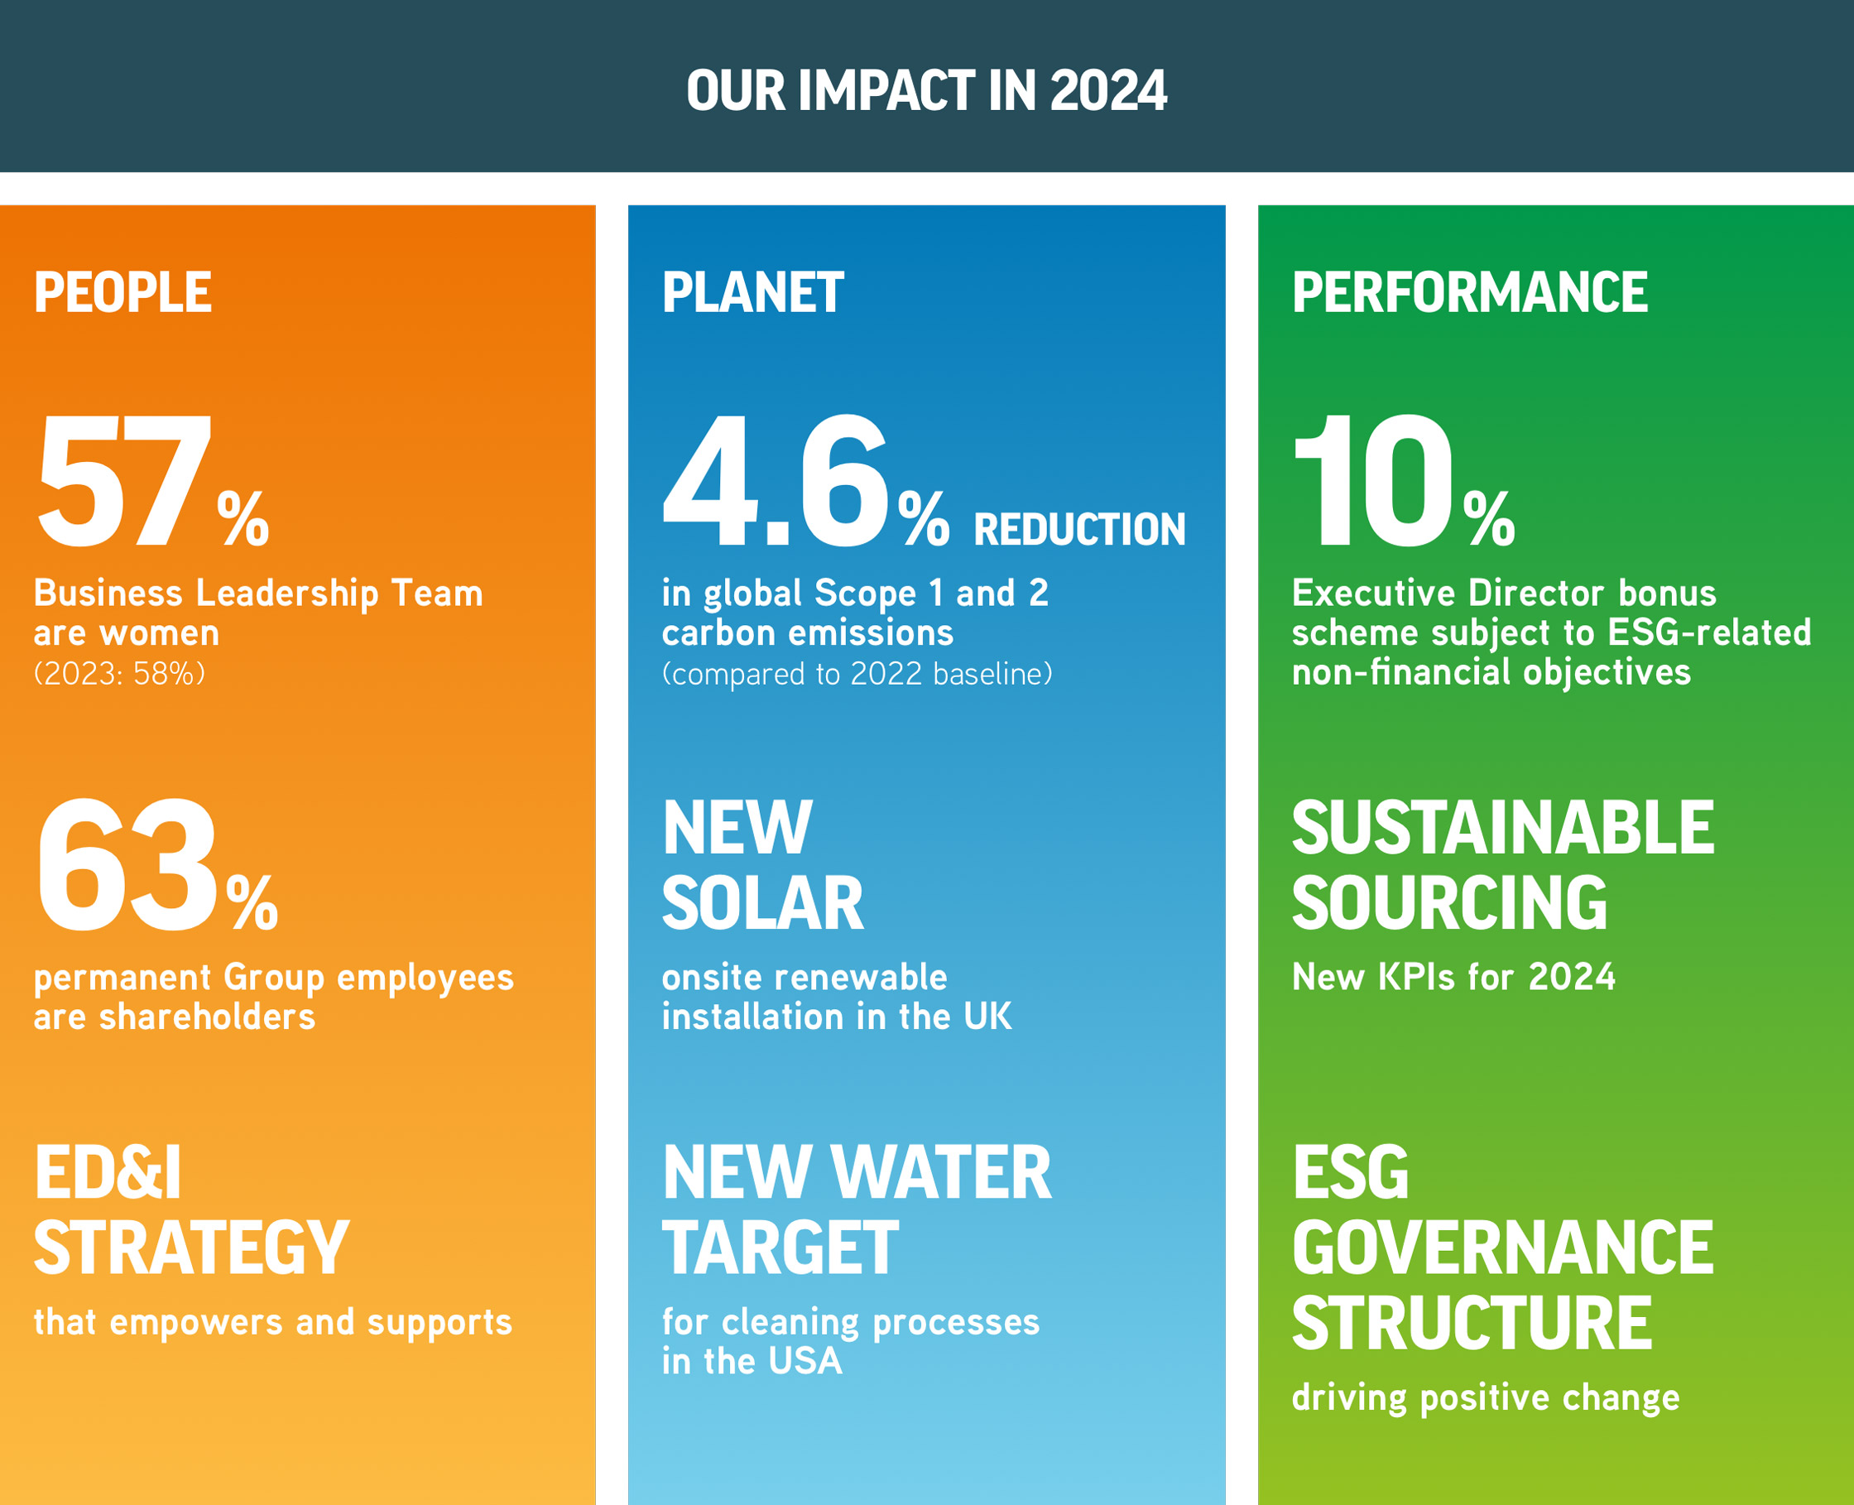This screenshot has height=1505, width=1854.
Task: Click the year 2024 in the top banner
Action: click(1107, 90)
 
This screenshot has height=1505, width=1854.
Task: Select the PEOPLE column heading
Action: click(122, 292)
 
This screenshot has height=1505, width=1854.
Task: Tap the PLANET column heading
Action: click(752, 292)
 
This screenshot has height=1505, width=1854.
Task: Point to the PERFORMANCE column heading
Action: click(1469, 292)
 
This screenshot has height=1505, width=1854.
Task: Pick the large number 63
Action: click(127, 865)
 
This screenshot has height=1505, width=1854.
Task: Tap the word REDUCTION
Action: click(1079, 529)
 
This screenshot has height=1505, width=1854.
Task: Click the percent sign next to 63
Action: click(252, 902)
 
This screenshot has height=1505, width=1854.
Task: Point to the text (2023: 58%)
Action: click(120, 674)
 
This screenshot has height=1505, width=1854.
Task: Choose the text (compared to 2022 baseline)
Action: click(857, 674)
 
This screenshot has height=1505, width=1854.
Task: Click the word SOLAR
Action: click(763, 903)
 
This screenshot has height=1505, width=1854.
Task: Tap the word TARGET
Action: click(780, 1248)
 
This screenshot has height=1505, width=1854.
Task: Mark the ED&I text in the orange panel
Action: click(108, 1173)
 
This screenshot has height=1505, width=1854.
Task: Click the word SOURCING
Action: click(1449, 903)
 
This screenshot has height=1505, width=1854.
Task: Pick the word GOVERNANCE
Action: click(1503, 1248)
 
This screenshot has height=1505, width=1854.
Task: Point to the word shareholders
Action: click(207, 1017)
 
